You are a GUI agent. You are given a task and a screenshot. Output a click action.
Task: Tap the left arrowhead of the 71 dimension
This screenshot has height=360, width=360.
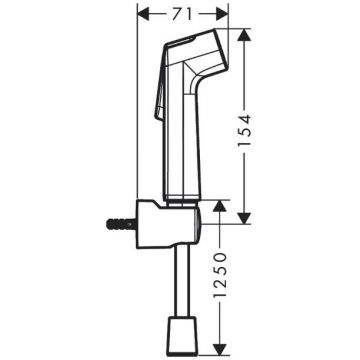coord(144,15)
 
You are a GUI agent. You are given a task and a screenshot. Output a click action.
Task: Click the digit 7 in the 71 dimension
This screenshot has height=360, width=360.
coord(176,15)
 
